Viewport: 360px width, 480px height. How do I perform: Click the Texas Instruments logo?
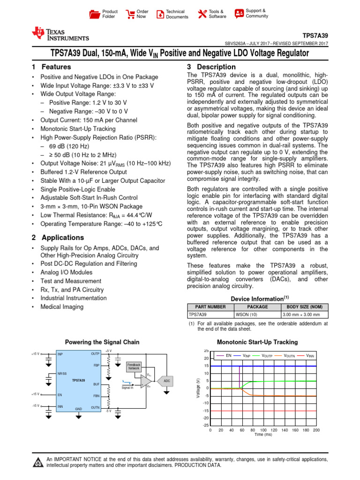click(60, 34)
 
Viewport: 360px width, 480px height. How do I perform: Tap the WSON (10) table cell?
click(246, 315)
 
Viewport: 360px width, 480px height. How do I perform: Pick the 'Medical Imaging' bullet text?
click(62, 307)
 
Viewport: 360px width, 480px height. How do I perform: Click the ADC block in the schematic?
click(167, 381)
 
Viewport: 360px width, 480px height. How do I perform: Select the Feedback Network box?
click(134, 367)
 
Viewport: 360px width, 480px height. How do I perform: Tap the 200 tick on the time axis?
click(316, 430)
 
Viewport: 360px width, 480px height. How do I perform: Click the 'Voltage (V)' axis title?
click(198, 389)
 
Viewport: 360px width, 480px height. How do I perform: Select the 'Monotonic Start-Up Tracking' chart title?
click(257, 343)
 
